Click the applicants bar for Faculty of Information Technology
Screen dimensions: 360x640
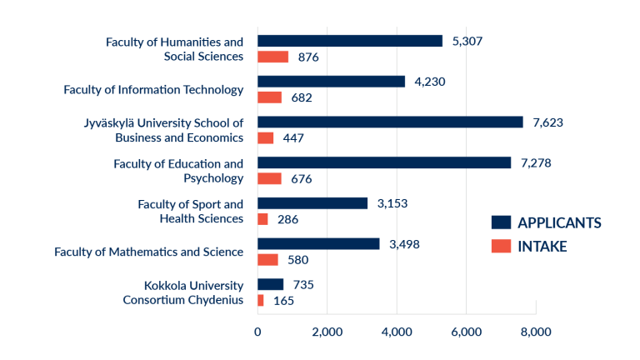tap(331, 82)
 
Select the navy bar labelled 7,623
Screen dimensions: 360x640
tap(390, 122)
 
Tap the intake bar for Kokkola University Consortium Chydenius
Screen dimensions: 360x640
tap(261, 300)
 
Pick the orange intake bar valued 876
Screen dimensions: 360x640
tap(272, 57)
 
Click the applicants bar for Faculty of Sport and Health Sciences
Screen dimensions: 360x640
tap(312, 203)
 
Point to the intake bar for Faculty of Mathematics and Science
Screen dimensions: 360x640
tap(267, 259)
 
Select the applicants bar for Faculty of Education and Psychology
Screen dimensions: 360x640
tap(384, 162)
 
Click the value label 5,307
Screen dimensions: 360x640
tap(466, 41)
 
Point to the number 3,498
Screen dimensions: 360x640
tap(406, 243)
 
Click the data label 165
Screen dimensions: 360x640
tap(284, 300)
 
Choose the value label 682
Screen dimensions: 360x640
tap(302, 97)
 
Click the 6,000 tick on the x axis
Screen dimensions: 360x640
tap(467, 332)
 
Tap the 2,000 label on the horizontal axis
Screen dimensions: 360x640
tap(327, 332)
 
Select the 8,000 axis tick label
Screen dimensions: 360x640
tap(536, 332)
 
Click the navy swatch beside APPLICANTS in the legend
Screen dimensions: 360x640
tap(501, 222)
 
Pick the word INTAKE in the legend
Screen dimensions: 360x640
tap(542, 246)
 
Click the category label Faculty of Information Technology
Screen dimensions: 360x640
tap(153, 89)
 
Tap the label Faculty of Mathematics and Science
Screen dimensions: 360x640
tap(148, 252)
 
